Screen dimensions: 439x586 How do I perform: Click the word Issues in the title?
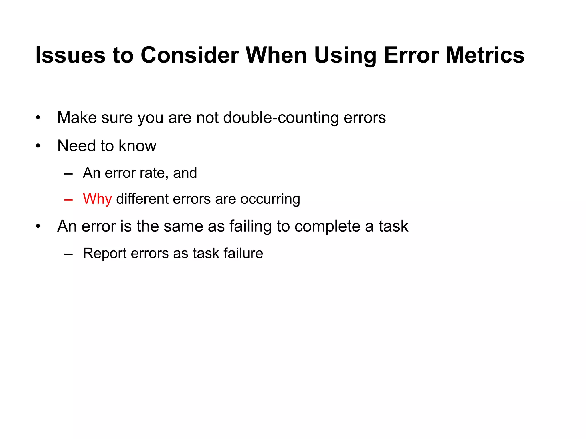click(70, 55)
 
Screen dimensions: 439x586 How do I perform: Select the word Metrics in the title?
click(485, 55)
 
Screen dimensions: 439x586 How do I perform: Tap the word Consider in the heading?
click(190, 55)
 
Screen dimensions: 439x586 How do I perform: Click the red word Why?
click(97, 199)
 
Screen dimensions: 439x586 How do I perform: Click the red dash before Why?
click(69, 199)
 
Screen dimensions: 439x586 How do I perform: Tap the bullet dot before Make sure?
click(38, 118)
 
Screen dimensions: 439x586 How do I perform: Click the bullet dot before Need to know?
click(38, 146)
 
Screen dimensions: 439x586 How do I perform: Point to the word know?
click(137, 146)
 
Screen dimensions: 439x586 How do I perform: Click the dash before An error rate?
click(69, 173)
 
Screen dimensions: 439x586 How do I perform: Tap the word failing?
click(250, 226)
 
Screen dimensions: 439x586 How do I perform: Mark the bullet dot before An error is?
click(38, 226)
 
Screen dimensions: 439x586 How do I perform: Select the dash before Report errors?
click(69, 254)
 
